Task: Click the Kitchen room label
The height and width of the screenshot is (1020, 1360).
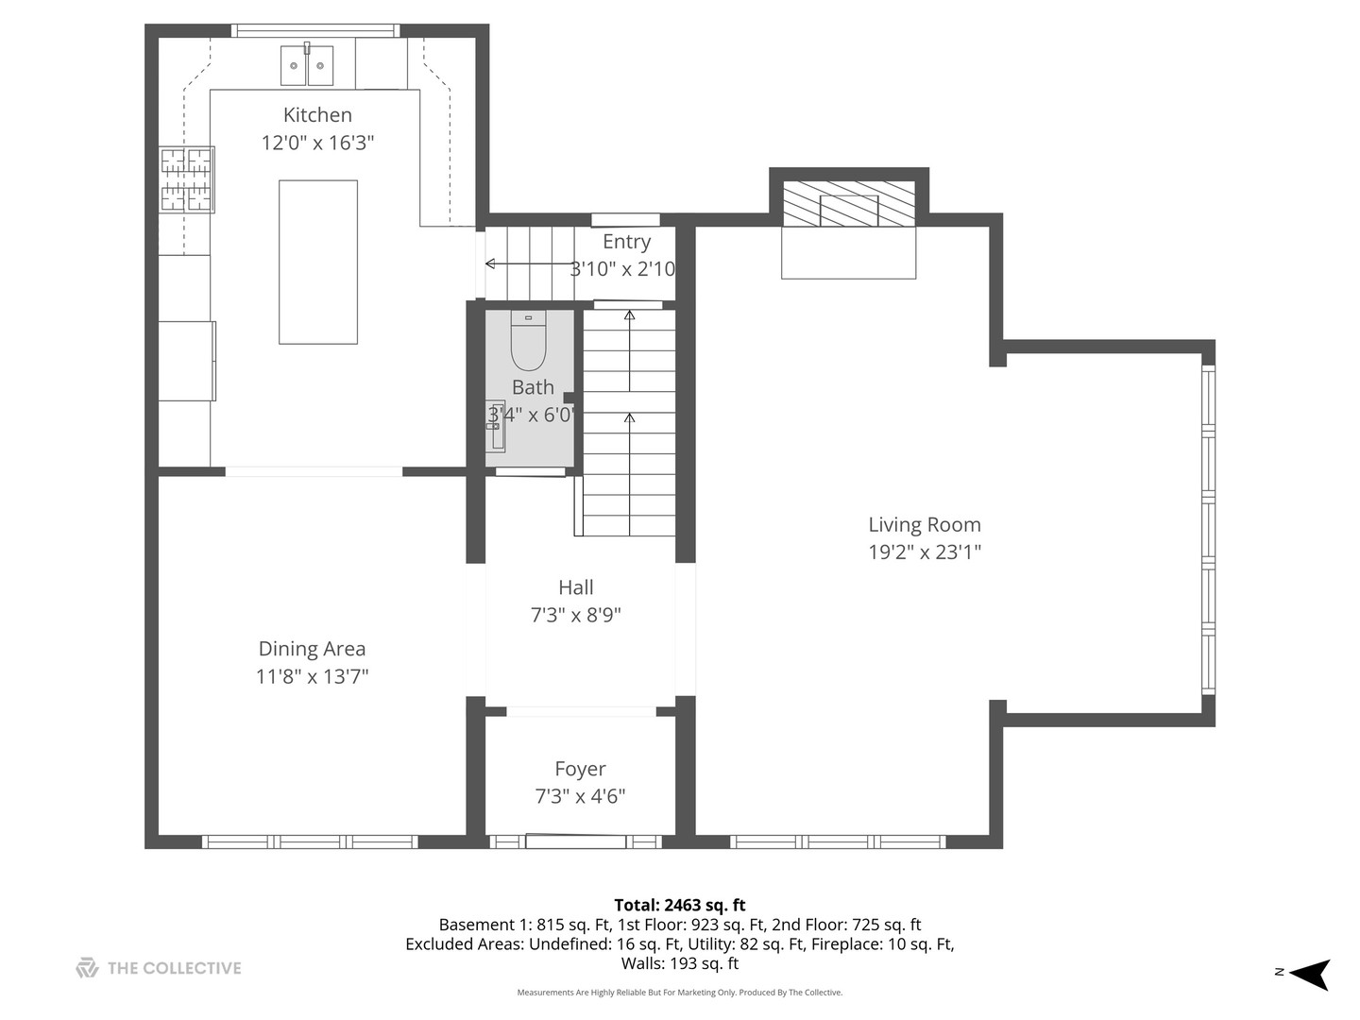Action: [x=317, y=115]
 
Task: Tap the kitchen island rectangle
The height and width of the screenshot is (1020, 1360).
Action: [x=318, y=262]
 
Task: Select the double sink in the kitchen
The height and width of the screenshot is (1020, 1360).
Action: [x=307, y=65]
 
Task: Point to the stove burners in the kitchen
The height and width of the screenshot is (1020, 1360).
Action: [x=186, y=179]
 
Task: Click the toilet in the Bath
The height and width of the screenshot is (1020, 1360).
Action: [x=529, y=342]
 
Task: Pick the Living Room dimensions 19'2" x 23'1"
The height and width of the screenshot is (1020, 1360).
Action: [x=925, y=552]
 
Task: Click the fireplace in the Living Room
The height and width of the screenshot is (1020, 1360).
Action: [x=849, y=205]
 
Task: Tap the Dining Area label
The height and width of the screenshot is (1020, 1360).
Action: [x=312, y=649]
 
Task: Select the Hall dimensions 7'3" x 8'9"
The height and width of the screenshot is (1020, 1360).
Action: [x=575, y=615]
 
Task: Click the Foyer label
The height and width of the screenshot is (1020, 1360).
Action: [x=580, y=769]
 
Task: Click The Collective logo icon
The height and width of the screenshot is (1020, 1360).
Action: [x=87, y=968]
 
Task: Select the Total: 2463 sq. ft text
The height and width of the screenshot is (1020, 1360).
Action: [x=679, y=905]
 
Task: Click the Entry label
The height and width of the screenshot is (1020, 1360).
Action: [x=626, y=242]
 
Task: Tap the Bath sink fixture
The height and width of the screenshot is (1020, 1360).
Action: [x=496, y=426]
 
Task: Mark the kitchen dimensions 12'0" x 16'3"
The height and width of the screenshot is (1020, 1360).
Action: [x=317, y=143]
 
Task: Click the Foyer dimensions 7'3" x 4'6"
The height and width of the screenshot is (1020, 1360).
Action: [x=580, y=796]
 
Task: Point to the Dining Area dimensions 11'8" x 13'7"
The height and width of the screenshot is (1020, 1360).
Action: [x=312, y=676]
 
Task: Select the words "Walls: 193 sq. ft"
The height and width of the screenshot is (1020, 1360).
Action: [x=679, y=963]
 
